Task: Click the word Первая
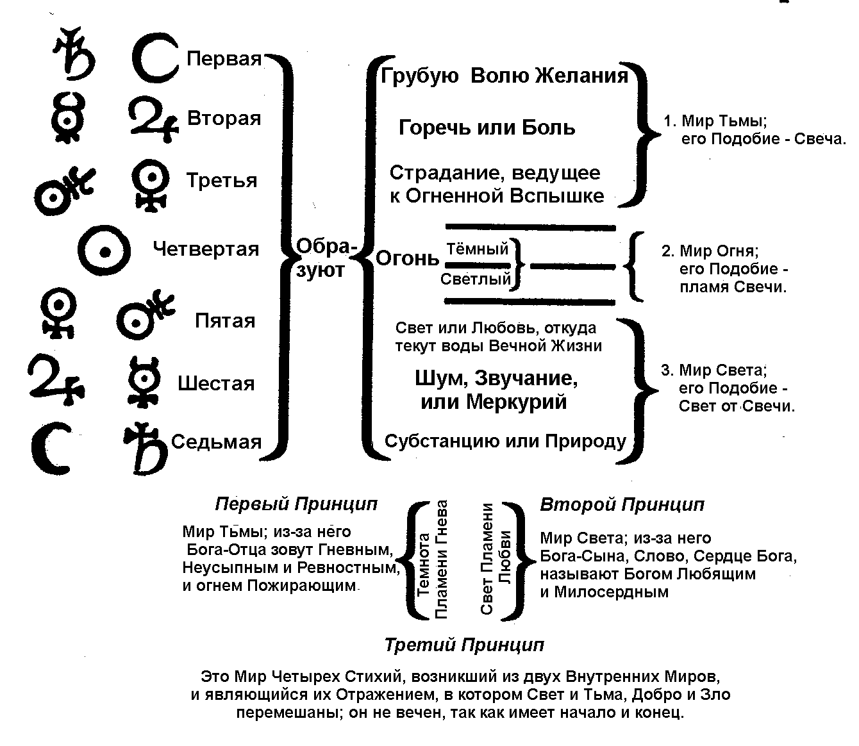tap(224, 59)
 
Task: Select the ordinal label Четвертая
tap(206, 249)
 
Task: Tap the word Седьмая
tap(216, 442)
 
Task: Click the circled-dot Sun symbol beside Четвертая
tap(104, 249)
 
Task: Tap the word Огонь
tap(407, 258)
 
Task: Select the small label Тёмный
tap(477, 249)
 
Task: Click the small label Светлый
tap(476, 279)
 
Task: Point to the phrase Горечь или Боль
tap(487, 128)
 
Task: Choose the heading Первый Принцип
tap(296, 504)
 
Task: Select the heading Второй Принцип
tap(622, 505)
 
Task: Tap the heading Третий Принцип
tap(463, 645)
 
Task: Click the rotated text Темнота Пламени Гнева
tap(433, 559)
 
